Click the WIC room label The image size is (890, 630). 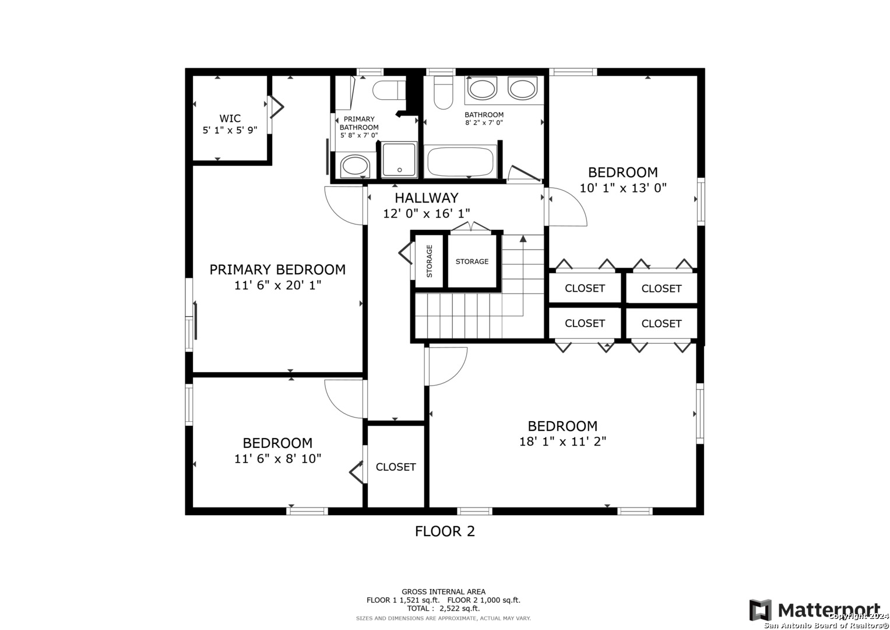230,118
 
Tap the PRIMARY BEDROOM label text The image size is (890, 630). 277,269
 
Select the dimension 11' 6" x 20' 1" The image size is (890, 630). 277,285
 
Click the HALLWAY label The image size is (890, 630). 426,198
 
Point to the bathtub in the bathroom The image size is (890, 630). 460,162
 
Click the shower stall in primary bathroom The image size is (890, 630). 399,159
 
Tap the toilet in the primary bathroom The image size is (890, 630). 389,90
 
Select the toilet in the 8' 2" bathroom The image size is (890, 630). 444,92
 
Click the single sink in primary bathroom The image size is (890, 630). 355,166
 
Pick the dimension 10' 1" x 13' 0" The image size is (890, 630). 622,188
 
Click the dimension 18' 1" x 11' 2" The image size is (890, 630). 562,441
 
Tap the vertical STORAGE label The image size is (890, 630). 429,261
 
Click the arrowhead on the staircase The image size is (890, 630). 523,239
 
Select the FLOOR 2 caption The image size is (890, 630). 445,531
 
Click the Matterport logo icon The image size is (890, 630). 761,610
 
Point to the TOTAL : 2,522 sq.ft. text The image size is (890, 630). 444,608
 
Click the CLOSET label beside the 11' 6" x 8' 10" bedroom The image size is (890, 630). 396,467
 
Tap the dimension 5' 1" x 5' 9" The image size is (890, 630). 230,130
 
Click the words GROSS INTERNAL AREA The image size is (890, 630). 444,592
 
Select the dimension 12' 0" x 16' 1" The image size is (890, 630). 426,213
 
